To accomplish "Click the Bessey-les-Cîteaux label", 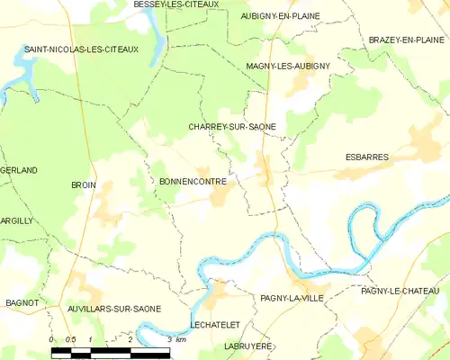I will [x=176, y=4].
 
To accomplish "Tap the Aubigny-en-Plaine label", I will [x=281, y=16].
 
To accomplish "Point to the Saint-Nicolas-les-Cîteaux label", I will [x=81, y=49].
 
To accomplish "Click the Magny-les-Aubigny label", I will [x=288, y=67].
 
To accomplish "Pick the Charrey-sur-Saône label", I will [x=232, y=127].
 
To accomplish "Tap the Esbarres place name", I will [x=367, y=157].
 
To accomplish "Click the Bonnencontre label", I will [x=193, y=181].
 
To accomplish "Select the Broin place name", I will [x=83, y=184].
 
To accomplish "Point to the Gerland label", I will [x=19, y=170].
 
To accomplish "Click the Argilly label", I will [x=16, y=220].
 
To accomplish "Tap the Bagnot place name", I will [x=21, y=303].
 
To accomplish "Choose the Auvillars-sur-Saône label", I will [x=114, y=309].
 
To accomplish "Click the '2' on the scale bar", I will [x=130, y=339].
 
